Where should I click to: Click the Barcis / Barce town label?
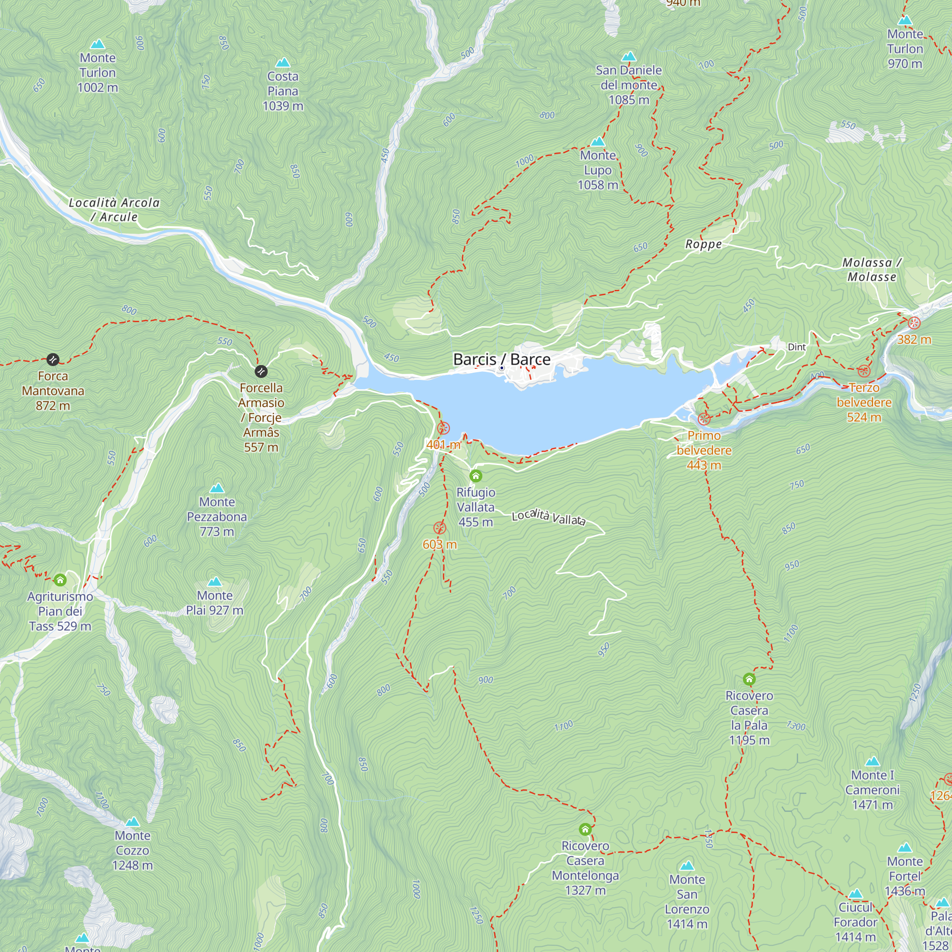[x=502, y=359]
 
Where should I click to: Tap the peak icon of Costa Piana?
[x=283, y=62]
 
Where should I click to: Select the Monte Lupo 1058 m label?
[x=598, y=170]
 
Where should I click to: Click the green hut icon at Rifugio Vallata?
[x=476, y=476]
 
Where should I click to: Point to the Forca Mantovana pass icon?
[x=53, y=359]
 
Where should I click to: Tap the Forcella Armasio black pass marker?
[x=261, y=371]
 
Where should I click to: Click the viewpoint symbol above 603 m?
[x=439, y=528]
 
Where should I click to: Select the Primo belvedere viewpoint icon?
[x=704, y=419]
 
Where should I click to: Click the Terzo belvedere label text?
[x=864, y=402]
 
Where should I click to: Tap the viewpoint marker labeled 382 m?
[x=914, y=323]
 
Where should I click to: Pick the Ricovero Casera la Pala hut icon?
[x=749, y=680]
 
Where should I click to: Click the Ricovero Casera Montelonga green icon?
[x=585, y=830]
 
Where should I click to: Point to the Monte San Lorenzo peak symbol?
[x=687, y=866]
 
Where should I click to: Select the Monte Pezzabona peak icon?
[x=217, y=488]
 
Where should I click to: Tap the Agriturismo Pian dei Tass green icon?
[x=60, y=580]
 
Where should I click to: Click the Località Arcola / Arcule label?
[x=114, y=209]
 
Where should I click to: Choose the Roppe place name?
[x=703, y=244]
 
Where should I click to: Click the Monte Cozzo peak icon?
[x=132, y=822]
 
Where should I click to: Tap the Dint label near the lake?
[x=796, y=347]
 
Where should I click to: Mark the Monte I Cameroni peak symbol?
[x=872, y=761]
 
